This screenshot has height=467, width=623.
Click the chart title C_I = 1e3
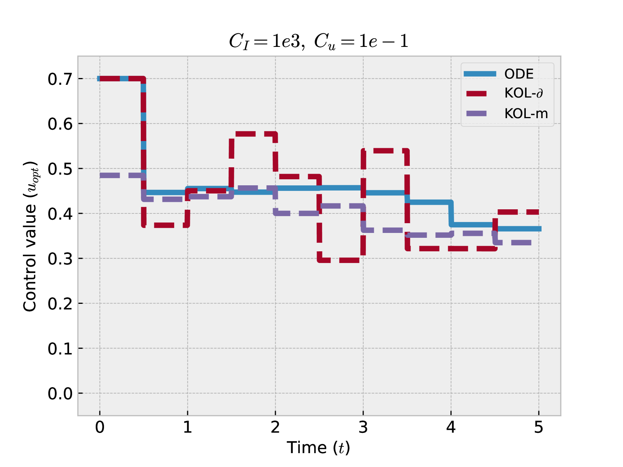318,41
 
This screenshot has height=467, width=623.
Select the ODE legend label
519,74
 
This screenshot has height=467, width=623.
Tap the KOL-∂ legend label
524,93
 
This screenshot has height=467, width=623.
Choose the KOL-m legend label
526,113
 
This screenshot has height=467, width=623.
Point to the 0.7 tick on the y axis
60,79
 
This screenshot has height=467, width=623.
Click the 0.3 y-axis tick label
60,259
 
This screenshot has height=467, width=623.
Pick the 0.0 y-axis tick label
60,393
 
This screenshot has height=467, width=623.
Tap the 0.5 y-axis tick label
60,169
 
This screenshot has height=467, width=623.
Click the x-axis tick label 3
363,427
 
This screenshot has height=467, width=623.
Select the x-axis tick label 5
539,427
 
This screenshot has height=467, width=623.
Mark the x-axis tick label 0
100,427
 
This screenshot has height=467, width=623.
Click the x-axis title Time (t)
318,448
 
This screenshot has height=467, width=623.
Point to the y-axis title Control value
30,236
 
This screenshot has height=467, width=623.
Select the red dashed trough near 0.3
341,260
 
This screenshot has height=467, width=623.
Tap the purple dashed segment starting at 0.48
121,175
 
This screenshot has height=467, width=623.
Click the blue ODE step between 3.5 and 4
429,202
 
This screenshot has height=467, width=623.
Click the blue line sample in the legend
480,74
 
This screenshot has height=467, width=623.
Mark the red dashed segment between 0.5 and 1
165,225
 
